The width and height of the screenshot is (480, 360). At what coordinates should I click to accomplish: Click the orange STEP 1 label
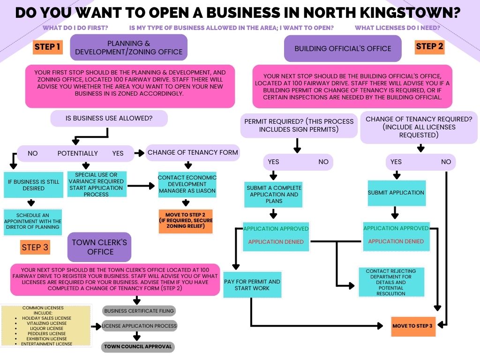tap(48, 47)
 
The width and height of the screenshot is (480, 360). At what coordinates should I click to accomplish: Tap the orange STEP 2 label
tap(429, 46)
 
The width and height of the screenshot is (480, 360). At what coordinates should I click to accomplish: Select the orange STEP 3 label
tap(35, 247)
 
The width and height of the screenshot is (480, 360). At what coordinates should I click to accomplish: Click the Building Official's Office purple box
tap(343, 48)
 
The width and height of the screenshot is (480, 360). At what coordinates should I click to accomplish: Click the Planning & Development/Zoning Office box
tap(128, 47)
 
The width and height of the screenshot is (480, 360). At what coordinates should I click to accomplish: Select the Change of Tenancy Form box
tap(193, 152)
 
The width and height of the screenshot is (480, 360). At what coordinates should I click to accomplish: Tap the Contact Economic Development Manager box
tap(187, 184)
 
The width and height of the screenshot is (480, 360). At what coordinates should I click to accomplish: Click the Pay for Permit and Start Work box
tap(252, 285)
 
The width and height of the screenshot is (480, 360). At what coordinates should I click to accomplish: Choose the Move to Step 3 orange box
tap(412, 326)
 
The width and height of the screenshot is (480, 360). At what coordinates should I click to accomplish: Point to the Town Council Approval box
tap(138, 347)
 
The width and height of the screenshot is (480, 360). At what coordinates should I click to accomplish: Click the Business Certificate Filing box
tap(139, 310)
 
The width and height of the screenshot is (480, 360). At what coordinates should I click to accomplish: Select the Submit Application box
tap(396, 193)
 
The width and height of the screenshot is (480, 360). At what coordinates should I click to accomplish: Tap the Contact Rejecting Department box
tap(391, 282)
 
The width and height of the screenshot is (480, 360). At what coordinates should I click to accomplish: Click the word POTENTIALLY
tap(78, 153)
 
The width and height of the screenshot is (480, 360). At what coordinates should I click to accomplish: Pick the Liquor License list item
tap(47, 329)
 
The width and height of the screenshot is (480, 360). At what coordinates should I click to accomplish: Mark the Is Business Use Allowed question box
tap(109, 118)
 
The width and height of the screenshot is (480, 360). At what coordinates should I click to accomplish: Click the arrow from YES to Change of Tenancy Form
tap(139, 153)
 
